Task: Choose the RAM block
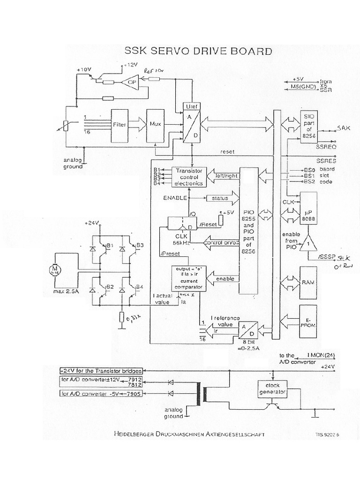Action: pyautogui.click(x=308, y=283)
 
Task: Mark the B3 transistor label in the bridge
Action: pyautogui.click(x=140, y=245)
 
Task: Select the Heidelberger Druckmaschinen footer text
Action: pyautogui.click(x=189, y=434)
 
